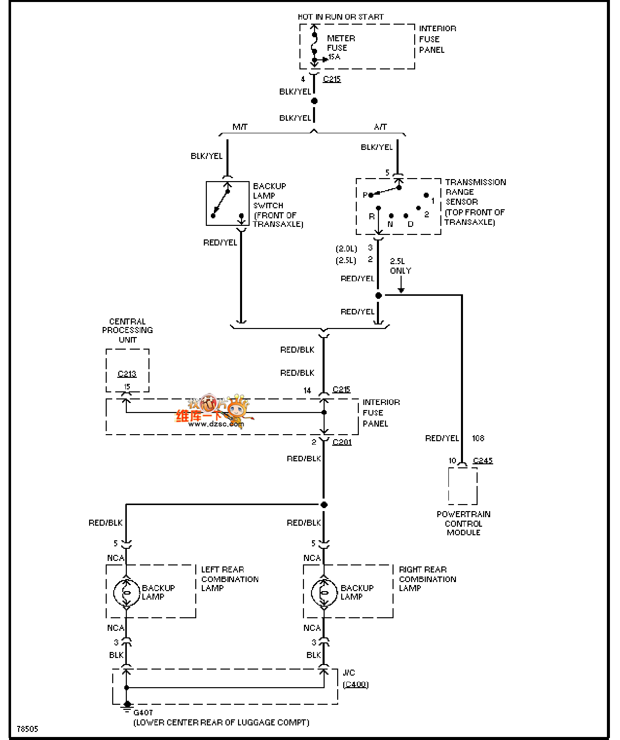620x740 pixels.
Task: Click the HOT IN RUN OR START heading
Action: coord(341,17)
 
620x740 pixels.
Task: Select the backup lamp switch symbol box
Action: coord(227,203)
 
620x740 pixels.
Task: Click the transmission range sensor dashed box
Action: coord(398,206)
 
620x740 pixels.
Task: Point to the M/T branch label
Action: coord(240,127)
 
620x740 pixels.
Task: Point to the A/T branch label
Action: coord(380,127)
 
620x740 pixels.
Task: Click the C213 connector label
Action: coord(127,374)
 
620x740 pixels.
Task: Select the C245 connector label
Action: coord(483,460)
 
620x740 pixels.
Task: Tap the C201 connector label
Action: coord(342,442)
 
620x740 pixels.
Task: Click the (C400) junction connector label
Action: coord(355,684)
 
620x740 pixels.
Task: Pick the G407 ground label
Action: coord(143,712)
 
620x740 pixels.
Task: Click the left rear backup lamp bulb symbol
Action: coord(126,593)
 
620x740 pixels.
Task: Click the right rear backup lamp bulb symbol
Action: coord(324,593)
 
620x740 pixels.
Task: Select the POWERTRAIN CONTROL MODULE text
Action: coord(463,523)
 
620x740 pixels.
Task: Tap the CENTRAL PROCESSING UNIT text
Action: coord(127,331)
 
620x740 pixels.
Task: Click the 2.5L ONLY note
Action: coord(400,266)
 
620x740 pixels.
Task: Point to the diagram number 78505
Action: coord(27,729)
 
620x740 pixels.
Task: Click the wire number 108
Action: coord(478,438)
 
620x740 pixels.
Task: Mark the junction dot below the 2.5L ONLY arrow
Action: coord(378,295)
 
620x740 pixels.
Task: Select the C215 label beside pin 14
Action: coord(341,389)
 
